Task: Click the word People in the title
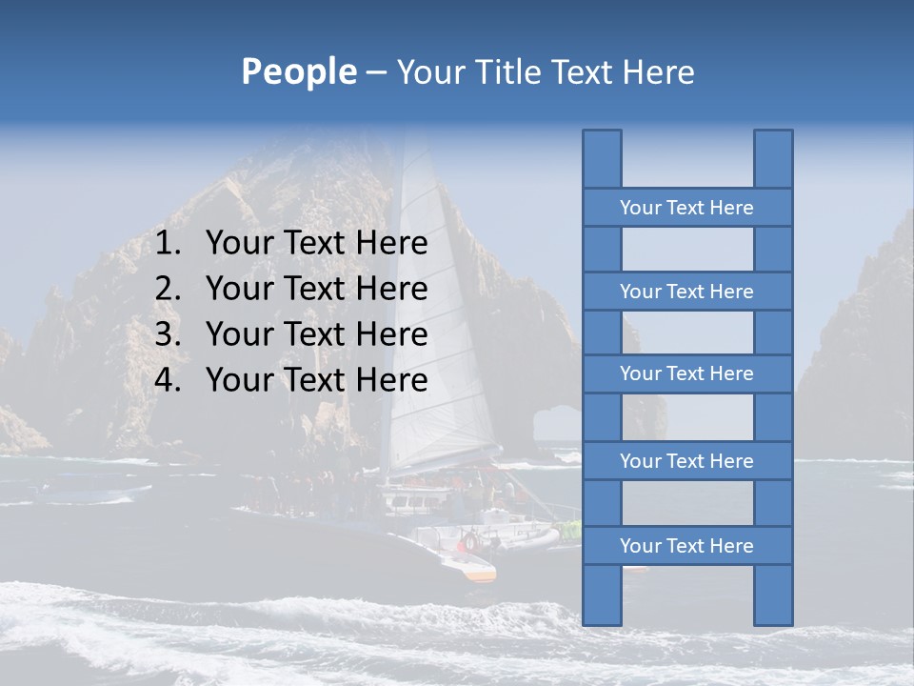(298, 71)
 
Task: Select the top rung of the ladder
(686, 208)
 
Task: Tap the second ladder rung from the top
(686, 292)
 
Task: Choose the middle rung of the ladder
(686, 373)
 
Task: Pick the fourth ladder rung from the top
(686, 461)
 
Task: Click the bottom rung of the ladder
(686, 546)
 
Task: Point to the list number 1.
(168, 244)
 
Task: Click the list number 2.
(168, 289)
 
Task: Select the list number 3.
(168, 334)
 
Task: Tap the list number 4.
(168, 380)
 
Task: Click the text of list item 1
(316, 244)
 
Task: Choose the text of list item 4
(316, 380)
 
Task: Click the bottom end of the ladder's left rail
(602, 620)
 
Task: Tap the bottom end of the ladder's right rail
(773, 620)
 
